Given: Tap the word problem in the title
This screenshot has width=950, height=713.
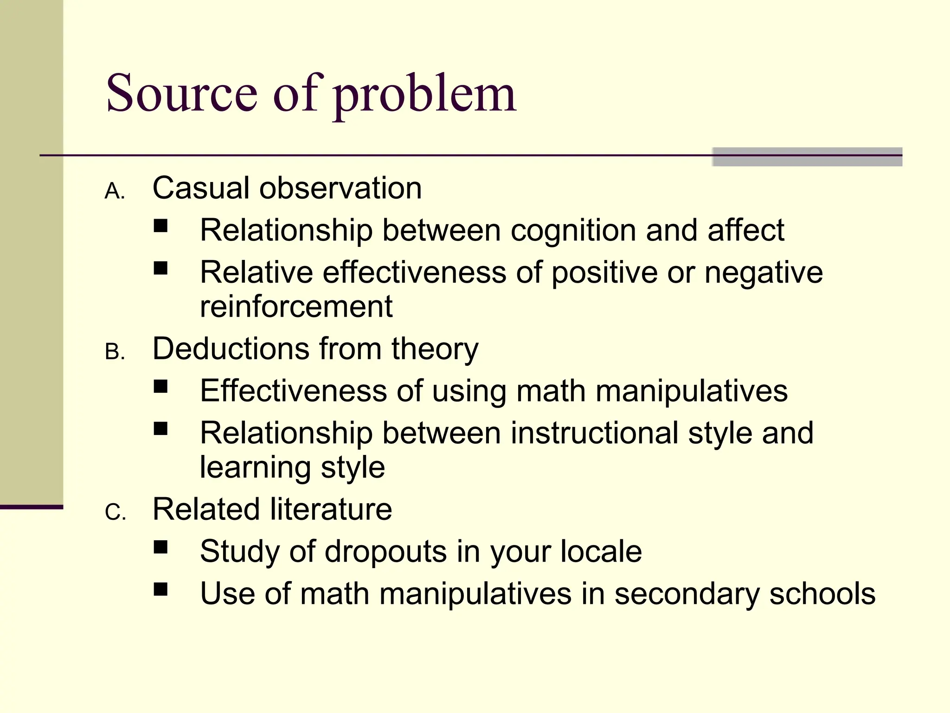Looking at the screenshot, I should click(424, 95).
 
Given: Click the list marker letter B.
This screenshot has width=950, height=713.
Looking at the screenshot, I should click(113, 352).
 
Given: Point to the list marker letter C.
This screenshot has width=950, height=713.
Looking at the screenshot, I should click(114, 512).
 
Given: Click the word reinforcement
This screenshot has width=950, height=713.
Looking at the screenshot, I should click(296, 306).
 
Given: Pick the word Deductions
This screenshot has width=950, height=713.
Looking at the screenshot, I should click(231, 349).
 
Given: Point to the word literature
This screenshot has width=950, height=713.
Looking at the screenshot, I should click(331, 509).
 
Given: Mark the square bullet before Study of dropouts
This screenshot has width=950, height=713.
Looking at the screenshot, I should click(160, 547).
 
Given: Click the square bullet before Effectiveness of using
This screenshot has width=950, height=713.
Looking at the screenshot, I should click(160, 387).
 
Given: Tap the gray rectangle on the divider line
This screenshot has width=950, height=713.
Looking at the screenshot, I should click(807, 157).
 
